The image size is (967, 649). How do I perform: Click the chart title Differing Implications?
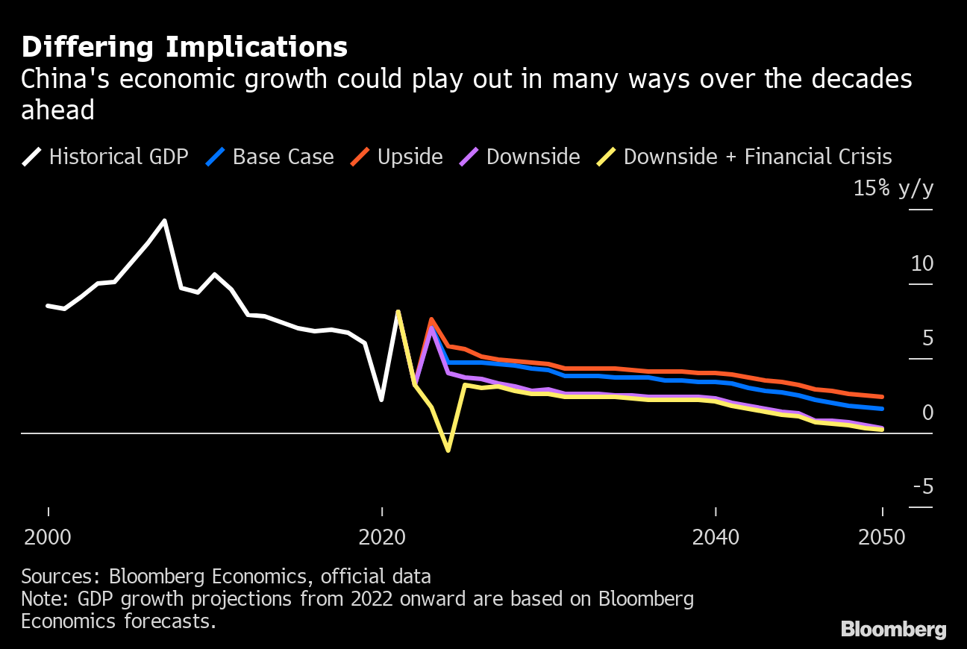184,47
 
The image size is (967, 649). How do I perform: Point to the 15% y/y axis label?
893,189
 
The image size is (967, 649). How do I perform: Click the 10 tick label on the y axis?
922,264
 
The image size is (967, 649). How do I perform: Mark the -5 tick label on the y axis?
922,487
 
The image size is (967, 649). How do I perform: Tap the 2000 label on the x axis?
48,537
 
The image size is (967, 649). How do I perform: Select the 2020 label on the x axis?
382,537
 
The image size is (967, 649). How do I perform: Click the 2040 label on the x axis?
716,537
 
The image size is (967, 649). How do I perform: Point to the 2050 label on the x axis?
882,537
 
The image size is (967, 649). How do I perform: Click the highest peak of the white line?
165,221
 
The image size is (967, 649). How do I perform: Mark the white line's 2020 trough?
382,400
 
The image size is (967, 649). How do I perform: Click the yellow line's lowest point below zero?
448,451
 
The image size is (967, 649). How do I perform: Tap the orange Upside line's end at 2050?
882,397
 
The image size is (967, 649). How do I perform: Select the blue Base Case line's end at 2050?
882,409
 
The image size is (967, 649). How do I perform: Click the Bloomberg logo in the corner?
893,629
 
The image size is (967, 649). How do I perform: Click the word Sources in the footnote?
61,577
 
